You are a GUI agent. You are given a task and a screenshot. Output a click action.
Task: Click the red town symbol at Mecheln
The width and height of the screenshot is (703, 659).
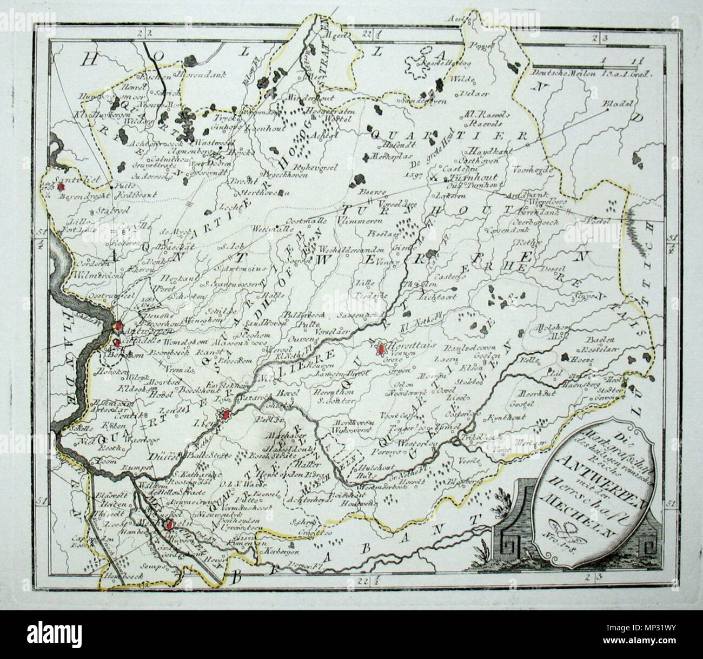pyautogui.click(x=169, y=524)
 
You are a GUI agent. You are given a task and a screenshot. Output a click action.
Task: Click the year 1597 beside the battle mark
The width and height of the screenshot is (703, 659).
pyautogui.click(x=413, y=174)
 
